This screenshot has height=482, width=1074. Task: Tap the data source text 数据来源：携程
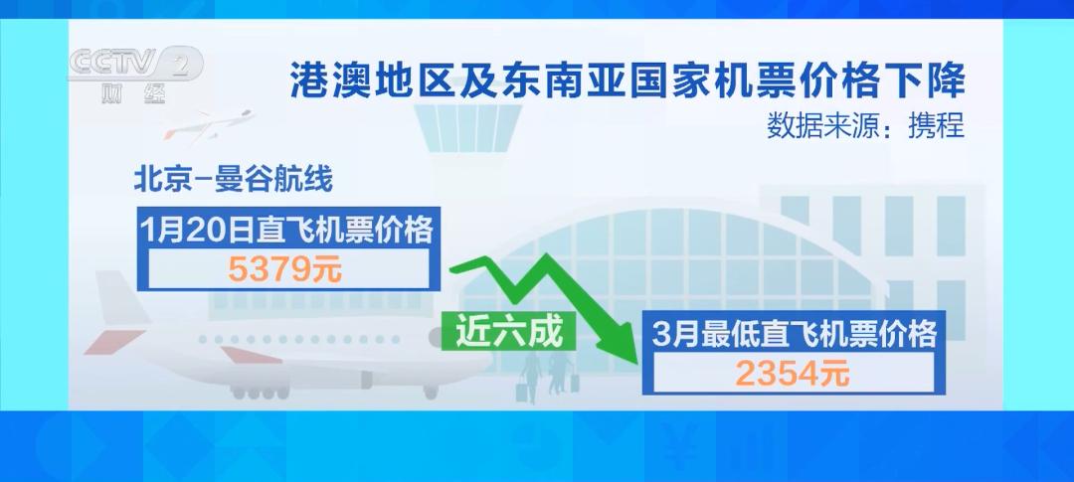[x=865, y=127]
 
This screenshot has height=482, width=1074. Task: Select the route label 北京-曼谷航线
[x=233, y=181]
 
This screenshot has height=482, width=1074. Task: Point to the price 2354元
[x=792, y=374]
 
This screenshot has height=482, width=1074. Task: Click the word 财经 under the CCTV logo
[x=133, y=95]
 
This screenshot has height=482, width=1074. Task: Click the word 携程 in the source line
[x=940, y=127]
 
